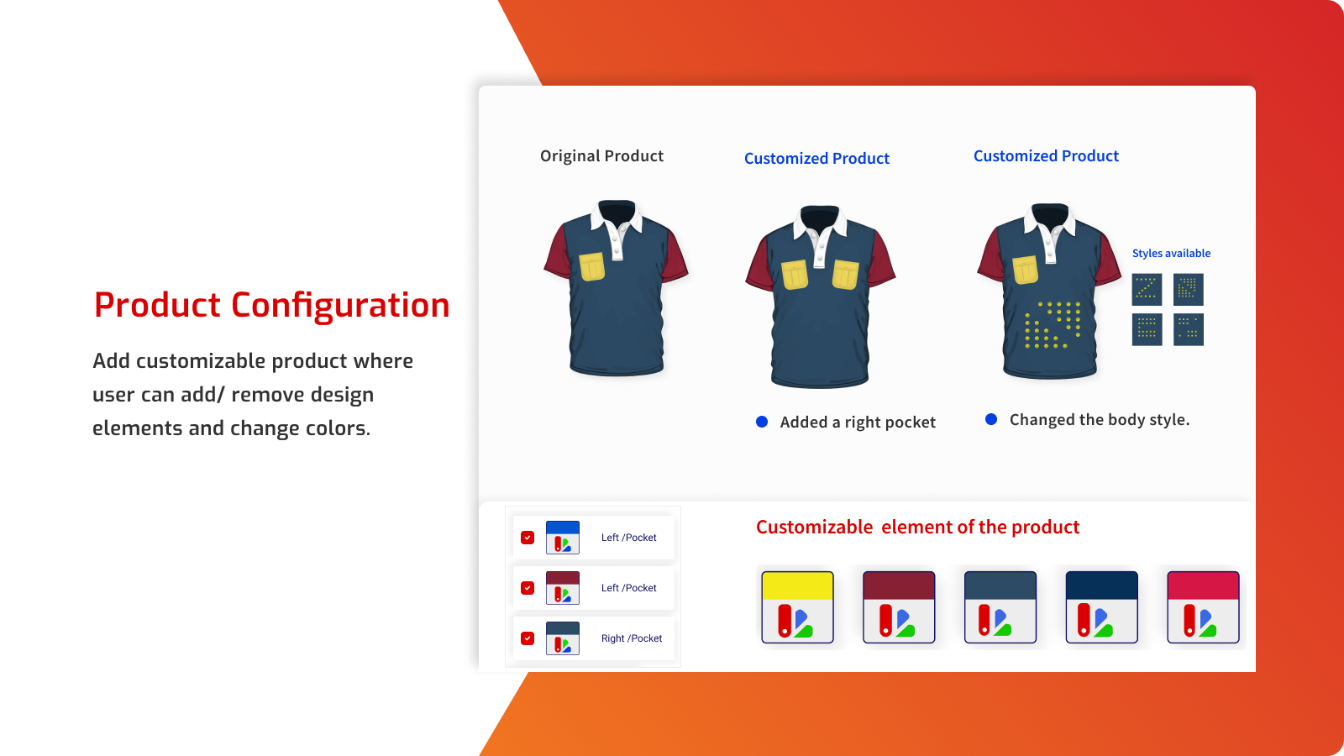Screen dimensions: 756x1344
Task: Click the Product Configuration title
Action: click(x=271, y=305)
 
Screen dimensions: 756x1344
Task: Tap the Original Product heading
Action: click(x=601, y=156)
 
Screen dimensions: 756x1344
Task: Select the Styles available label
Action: click(x=1171, y=254)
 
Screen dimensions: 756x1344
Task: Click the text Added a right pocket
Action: click(x=858, y=423)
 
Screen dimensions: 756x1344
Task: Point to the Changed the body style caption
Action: click(x=1099, y=420)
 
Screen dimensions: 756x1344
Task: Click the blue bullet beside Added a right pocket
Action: click(x=762, y=422)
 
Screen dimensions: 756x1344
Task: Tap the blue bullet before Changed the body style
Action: click(x=991, y=419)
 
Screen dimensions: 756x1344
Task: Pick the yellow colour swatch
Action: click(x=797, y=607)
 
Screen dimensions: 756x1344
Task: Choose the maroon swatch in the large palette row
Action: click(x=899, y=607)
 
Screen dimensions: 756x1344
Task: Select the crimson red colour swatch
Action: click(x=1203, y=607)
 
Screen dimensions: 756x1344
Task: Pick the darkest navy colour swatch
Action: click(x=1101, y=607)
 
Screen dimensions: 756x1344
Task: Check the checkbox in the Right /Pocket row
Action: click(x=528, y=638)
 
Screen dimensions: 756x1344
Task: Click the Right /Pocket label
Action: click(x=632, y=638)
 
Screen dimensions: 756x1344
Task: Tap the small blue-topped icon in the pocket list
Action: click(x=563, y=538)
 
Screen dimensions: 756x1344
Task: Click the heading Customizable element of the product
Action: click(x=917, y=528)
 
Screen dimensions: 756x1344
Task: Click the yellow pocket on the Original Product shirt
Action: click(x=592, y=267)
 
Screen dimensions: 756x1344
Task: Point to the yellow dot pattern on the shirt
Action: click(x=1052, y=325)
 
